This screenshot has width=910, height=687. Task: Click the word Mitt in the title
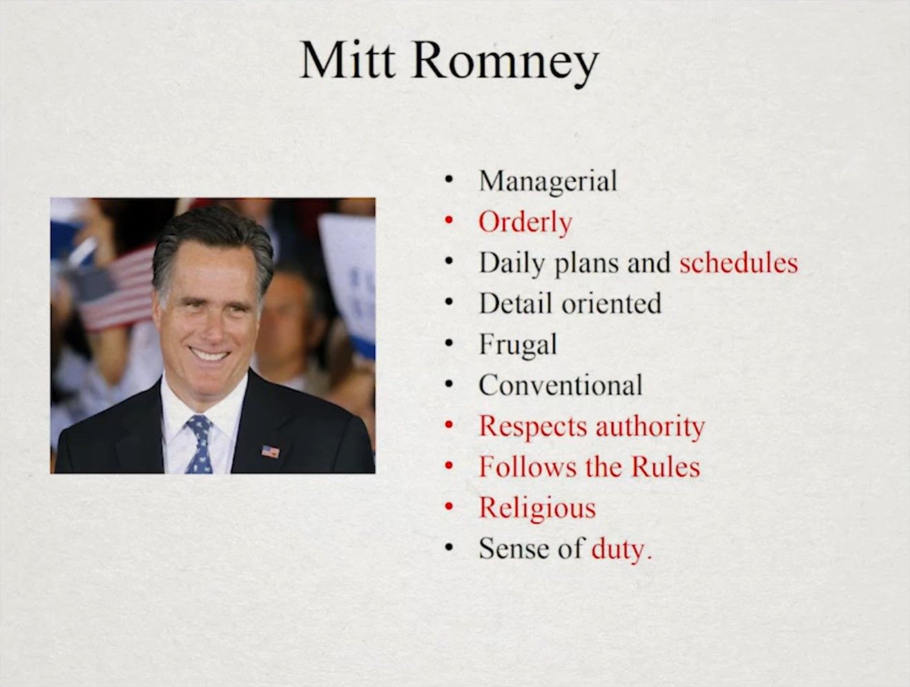coord(347,59)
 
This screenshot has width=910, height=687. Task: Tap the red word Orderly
coord(525,223)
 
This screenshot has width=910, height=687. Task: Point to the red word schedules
coord(738,263)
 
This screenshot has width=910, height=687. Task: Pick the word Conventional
coord(561,385)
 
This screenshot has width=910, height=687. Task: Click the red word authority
coord(650,427)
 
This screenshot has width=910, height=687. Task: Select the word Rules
coord(666,467)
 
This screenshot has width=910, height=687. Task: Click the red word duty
coord(621,550)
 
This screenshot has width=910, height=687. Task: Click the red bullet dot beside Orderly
coord(448,222)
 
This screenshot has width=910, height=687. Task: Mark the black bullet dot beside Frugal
coord(448,344)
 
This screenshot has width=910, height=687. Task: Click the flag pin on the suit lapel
coord(270,452)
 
